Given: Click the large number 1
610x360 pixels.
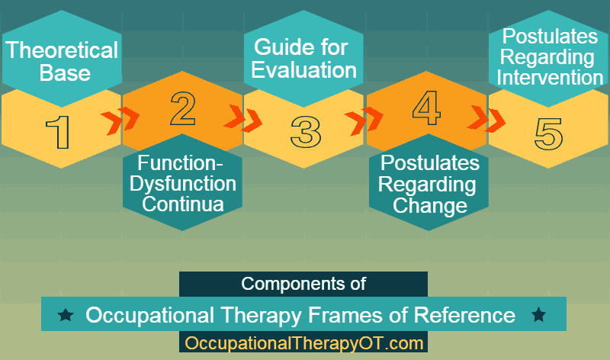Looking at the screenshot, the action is (x=59, y=133).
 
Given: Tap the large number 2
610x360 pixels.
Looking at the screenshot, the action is (x=183, y=108).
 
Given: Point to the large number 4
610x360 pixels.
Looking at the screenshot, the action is (x=426, y=108).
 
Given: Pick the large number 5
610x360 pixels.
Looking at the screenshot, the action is (x=548, y=134).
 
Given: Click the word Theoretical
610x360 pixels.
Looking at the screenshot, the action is (x=62, y=50).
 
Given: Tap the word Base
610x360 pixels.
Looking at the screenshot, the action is (x=65, y=72).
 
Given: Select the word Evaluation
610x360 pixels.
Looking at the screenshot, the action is (x=303, y=70).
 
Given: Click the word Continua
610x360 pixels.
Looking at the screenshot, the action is (x=183, y=204).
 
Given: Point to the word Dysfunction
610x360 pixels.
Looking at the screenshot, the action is (x=183, y=184).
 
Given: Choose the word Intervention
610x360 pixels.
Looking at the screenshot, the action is (x=550, y=77).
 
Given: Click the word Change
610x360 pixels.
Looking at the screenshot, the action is (x=430, y=205).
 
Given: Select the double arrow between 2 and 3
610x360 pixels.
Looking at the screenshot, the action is (x=242, y=118).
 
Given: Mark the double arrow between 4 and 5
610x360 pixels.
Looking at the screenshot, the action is (x=486, y=118).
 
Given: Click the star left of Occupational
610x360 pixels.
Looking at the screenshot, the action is (x=66, y=314).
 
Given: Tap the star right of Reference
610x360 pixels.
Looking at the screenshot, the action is (x=539, y=314).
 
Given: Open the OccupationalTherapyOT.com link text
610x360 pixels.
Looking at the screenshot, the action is (x=303, y=343).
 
